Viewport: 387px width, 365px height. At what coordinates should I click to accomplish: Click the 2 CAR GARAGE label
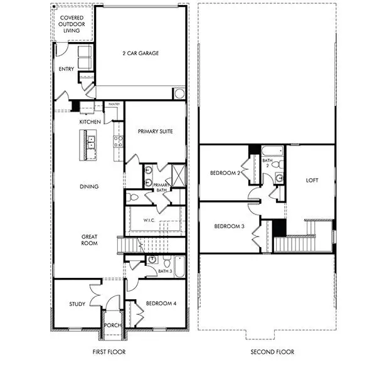140,53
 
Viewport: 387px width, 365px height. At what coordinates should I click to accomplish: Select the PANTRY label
114,105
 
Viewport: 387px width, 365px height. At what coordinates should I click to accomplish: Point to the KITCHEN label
90,121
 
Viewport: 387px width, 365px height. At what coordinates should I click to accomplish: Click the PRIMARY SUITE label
155,131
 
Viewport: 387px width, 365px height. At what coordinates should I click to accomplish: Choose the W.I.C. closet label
149,220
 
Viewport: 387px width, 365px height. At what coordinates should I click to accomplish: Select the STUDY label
77,304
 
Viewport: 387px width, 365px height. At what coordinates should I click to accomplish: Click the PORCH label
113,325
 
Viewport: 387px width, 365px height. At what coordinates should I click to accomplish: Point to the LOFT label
312,181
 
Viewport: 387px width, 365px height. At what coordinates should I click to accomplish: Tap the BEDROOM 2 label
226,172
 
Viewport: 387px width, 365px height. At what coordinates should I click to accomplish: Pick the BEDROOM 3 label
229,226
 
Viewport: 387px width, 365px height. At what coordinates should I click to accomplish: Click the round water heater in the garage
179,93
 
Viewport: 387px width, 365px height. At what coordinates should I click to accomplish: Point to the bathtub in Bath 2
272,151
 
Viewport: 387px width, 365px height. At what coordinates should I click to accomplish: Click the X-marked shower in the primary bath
178,175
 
